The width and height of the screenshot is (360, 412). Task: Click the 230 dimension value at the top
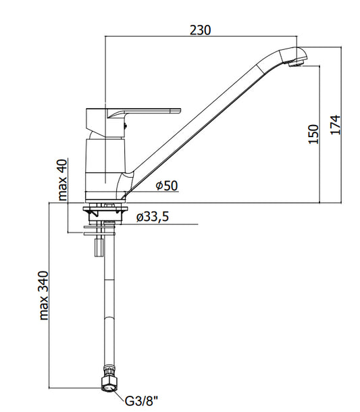click(x=200, y=30)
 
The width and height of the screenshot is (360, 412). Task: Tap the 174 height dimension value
click(x=335, y=125)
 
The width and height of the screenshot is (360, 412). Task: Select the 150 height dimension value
click(x=313, y=134)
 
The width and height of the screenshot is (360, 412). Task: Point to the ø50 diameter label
click(x=167, y=186)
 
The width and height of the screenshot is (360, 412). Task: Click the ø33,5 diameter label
click(x=153, y=217)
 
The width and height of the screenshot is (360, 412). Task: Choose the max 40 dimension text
click(x=63, y=180)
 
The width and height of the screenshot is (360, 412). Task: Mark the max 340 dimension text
click(x=44, y=296)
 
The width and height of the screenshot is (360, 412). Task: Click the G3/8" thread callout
click(x=142, y=401)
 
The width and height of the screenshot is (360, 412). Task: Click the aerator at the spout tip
click(x=296, y=63)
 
